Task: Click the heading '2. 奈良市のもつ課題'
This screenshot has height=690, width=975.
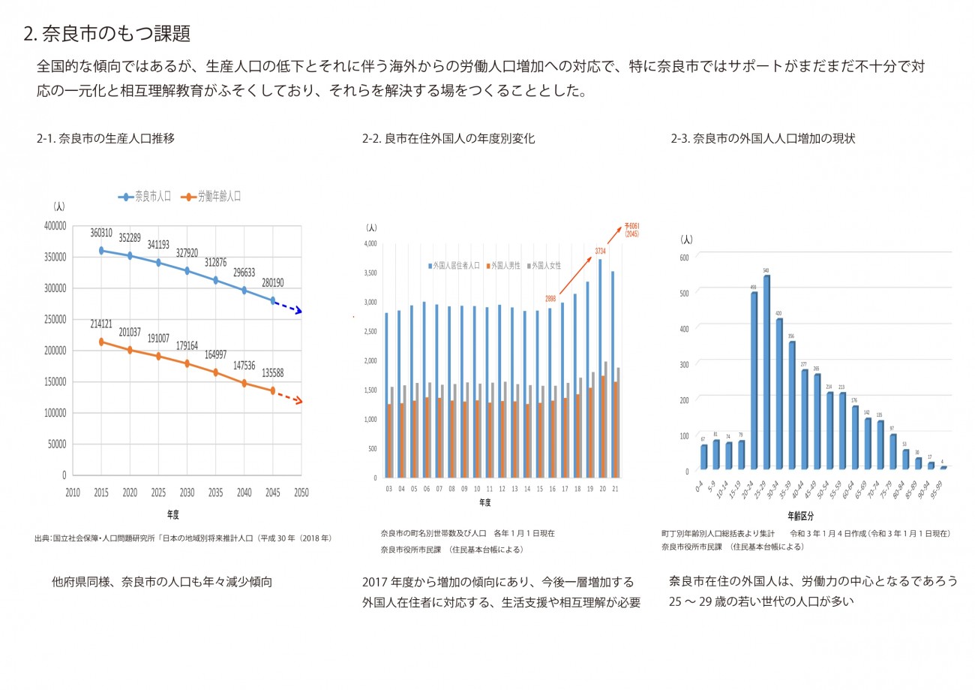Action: pos(107,34)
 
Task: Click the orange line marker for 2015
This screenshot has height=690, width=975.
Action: pos(101,342)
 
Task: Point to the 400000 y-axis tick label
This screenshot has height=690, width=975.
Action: pos(55,226)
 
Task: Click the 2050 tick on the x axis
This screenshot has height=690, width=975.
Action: pos(301,493)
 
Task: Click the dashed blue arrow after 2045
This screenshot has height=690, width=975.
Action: pos(287,306)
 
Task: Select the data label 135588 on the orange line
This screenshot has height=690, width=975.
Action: pos(273,373)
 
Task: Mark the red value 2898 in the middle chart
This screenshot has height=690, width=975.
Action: pos(550,299)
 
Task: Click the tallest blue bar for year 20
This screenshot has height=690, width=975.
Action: pos(600,368)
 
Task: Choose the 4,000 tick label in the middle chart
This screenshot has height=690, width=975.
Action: pos(370,243)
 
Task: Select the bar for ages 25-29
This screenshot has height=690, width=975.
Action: pos(766,372)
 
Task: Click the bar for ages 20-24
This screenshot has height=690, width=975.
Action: pos(754,381)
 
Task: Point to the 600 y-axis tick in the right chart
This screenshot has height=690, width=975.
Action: pos(683,257)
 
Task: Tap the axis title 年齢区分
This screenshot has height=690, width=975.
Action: pos(801,517)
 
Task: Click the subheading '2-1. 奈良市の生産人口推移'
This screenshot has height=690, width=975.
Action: pos(106,139)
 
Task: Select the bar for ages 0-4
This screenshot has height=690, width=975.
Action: pos(703,457)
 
